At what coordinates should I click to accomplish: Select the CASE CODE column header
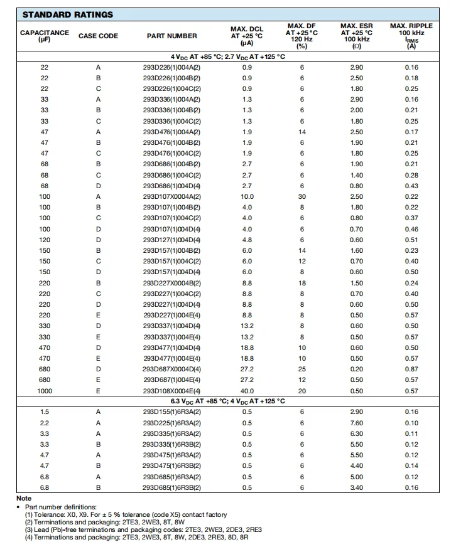(98, 36)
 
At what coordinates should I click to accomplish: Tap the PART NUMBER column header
(171, 36)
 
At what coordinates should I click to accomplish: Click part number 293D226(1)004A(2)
(171, 67)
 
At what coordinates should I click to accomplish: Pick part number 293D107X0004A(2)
(171, 196)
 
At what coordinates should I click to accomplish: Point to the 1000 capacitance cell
(45, 391)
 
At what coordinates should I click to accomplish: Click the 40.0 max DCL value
(247, 391)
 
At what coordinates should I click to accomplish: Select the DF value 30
(301, 196)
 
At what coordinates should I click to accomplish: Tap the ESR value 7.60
(356, 423)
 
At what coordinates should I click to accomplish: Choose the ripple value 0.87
(411, 369)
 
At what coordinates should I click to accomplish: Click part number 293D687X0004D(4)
(171, 369)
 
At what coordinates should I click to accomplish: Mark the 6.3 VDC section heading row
(227, 401)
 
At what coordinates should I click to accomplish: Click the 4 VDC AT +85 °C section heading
(227, 56)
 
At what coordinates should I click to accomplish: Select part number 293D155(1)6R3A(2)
(171, 412)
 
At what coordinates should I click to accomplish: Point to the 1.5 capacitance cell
(45, 412)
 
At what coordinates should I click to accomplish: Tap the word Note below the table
(24, 499)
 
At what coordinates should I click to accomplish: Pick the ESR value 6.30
(356, 433)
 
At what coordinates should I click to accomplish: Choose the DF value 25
(301, 369)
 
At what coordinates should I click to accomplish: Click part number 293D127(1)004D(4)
(171, 240)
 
